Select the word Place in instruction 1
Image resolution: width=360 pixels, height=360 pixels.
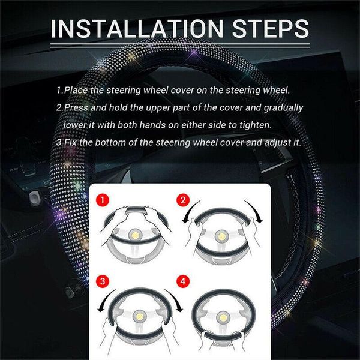[x=79, y=90]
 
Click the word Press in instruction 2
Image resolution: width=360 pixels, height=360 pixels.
[x=77, y=107]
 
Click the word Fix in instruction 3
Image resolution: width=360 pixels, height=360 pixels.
[x=72, y=142]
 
